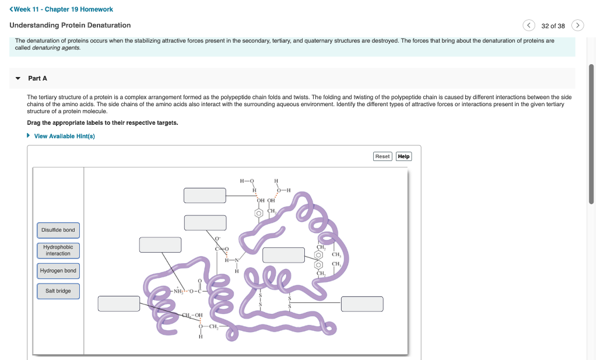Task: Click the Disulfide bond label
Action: point(58,230)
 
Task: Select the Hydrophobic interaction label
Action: point(58,250)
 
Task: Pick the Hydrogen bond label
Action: point(58,271)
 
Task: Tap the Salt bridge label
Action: point(58,291)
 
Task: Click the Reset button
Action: point(382,156)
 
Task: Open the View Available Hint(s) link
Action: point(64,136)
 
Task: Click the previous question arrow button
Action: point(529,25)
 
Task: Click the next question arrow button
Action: point(577,25)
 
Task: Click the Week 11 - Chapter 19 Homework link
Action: point(61,9)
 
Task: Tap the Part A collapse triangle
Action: point(17,78)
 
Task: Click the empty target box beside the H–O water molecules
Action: point(205,195)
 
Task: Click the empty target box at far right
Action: point(362,304)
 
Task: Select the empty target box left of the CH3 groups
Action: point(283,255)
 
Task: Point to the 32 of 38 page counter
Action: point(553,26)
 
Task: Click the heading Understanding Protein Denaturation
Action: point(70,25)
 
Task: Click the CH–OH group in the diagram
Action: point(192,315)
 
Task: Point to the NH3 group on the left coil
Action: point(178,291)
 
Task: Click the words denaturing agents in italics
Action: point(56,47)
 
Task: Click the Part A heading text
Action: point(37,78)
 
